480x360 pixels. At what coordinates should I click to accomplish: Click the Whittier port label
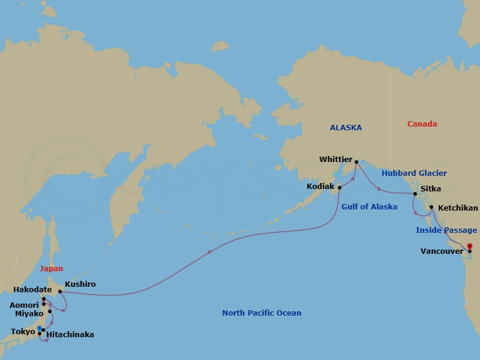point(335,160)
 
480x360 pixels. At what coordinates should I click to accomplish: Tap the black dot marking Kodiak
point(340,187)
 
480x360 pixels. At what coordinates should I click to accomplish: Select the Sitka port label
point(431,189)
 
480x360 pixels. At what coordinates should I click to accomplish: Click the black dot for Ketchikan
point(431,208)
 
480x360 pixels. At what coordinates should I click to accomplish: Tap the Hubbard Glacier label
point(415,173)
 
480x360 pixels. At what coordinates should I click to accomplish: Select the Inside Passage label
point(446,230)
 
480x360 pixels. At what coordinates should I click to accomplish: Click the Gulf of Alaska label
point(369,207)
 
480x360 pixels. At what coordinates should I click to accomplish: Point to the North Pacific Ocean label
point(262,313)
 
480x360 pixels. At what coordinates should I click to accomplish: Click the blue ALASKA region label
point(346,128)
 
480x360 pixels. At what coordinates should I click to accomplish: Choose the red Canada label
point(422,124)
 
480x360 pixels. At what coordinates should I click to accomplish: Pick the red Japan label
point(51,269)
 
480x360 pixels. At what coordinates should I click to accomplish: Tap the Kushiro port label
point(80,284)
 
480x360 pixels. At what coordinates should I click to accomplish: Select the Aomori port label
point(24,305)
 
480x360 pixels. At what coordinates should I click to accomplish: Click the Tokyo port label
point(23,332)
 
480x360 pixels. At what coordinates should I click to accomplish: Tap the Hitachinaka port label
point(70,335)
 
